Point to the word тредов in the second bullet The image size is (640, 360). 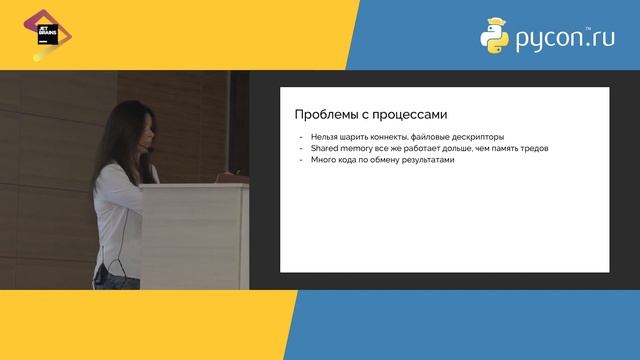coord(531,149)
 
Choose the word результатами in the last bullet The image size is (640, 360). coord(425,160)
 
